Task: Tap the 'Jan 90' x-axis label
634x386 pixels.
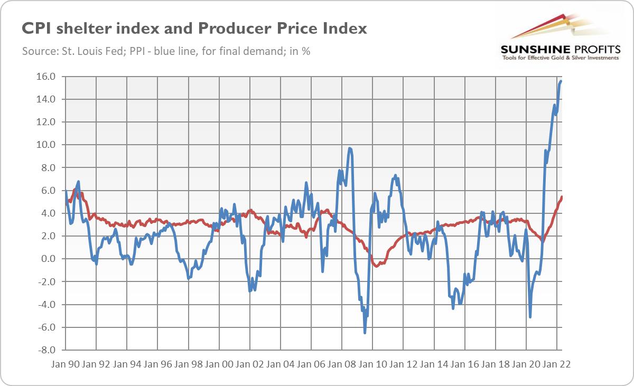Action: (66, 364)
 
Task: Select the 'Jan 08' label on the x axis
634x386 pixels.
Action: (342, 364)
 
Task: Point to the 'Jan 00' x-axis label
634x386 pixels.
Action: (219, 364)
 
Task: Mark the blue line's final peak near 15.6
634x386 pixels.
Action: (561, 81)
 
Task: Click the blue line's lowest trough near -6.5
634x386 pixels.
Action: (365, 333)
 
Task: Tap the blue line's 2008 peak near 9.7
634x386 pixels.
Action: (350, 148)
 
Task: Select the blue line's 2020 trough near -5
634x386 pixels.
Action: (530, 317)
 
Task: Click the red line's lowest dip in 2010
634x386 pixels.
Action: (376, 266)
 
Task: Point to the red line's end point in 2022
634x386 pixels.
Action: (562, 197)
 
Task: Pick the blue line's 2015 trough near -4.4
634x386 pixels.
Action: (453, 308)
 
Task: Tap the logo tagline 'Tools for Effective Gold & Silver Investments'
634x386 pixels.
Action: (559, 58)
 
